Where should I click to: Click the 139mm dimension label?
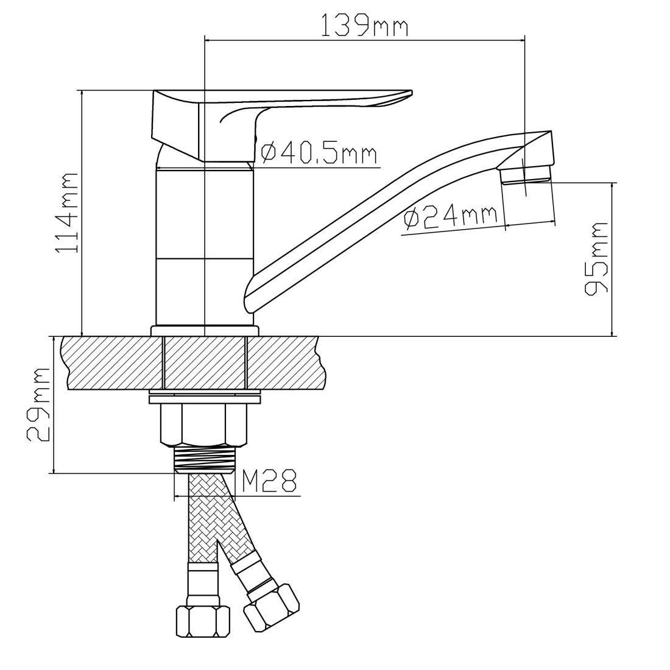364,26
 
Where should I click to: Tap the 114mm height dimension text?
66,213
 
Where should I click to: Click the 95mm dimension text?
596,258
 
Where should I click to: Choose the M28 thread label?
269,481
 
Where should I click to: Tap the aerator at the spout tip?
526,175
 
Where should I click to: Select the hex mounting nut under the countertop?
203,425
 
